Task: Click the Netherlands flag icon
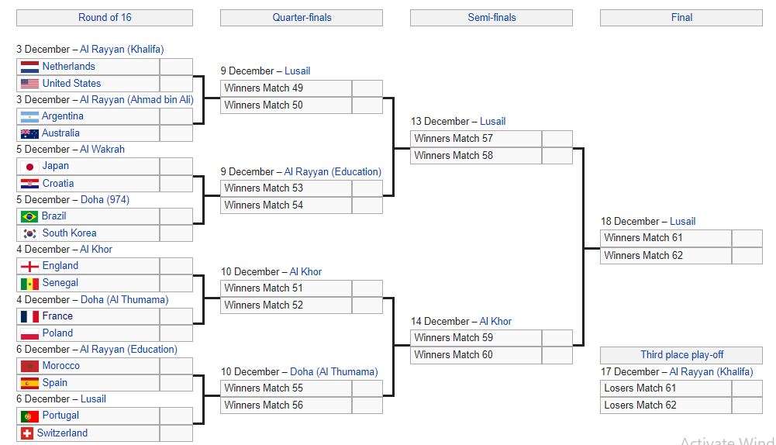(29, 67)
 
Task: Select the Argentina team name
(62, 116)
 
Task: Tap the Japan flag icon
(29, 167)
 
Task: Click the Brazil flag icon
(29, 216)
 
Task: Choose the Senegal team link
(60, 283)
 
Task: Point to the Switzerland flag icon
(26, 433)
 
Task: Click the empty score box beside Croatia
(176, 184)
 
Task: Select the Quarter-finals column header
(302, 17)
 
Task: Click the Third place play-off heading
(681, 354)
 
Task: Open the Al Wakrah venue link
(102, 149)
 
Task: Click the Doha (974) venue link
(105, 199)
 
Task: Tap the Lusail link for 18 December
(682, 221)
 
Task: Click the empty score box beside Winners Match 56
(367, 405)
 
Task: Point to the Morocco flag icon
(29, 366)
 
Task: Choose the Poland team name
(57, 333)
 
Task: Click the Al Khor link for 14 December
(495, 321)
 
